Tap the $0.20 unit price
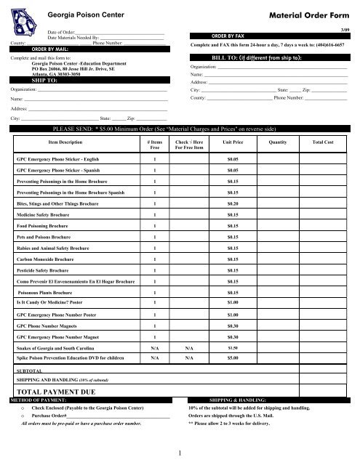233,205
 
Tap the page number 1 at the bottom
180,453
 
